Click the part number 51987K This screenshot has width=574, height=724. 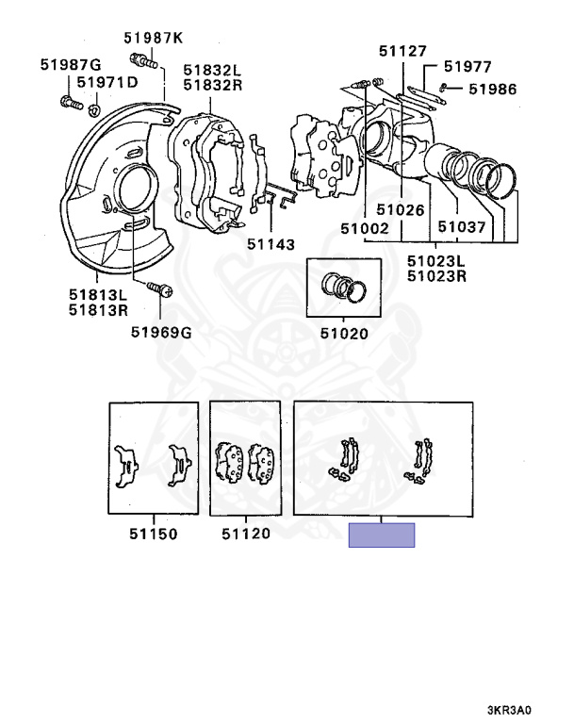154,38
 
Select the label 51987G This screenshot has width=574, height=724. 70,64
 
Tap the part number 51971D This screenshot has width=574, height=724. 107,83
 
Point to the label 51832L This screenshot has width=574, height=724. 212,69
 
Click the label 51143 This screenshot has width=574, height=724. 271,243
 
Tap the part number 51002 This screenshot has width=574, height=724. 365,228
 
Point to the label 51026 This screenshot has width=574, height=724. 402,210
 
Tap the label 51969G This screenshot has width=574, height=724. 160,331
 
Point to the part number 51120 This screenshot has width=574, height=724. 246,534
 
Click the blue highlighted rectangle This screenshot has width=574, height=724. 382,535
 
